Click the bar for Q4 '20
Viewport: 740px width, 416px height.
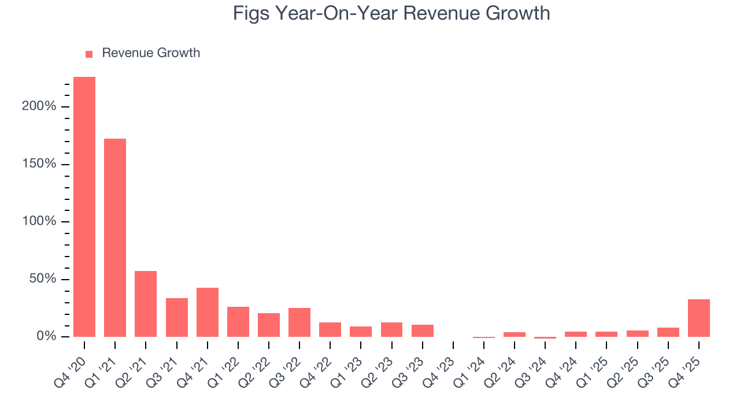[x=84, y=207]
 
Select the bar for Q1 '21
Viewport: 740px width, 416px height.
[x=115, y=237]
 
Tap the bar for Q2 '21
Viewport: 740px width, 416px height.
[x=146, y=304]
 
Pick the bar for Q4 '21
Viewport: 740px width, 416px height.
[x=208, y=312]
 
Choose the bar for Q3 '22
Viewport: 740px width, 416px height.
[x=299, y=322]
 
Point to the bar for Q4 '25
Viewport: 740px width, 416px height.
[x=699, y=318]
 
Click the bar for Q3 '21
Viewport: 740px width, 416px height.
[x=177, y=317]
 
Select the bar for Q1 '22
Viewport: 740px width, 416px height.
[x=238, y=322]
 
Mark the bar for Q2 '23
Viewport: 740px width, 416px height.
[x=392, y=329]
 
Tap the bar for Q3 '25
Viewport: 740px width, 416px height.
[x=668, y=332]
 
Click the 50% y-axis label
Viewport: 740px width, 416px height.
[x=43, y=279]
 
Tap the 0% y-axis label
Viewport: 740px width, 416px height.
[x=46, y=337]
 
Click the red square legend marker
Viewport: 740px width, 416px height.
[x=89, y=54]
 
